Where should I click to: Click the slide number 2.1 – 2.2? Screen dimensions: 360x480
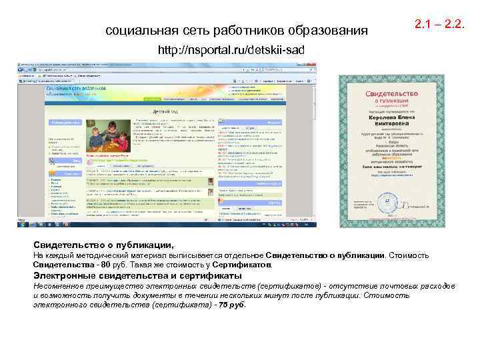(x=439, y=25)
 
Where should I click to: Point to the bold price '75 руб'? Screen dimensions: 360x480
(x=234, y=305)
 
